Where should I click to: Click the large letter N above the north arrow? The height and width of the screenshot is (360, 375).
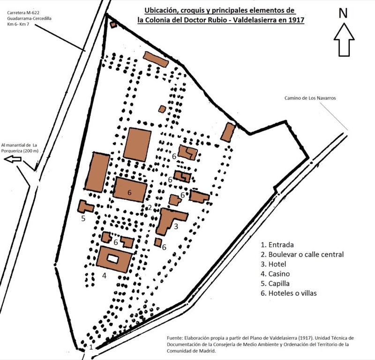coord(343,13)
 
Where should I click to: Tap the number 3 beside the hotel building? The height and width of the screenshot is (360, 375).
coord(175,227)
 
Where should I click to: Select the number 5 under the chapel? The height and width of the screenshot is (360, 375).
coord(83,218)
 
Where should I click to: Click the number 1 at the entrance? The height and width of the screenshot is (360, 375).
coord(91,347)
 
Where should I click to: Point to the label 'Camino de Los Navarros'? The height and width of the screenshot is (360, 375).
coord(311,98)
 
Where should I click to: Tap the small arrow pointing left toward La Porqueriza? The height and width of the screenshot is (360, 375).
coord(13,160)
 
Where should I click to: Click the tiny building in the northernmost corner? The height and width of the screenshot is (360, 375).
coord(112,23)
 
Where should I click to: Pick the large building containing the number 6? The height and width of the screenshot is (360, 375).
coord(130,190)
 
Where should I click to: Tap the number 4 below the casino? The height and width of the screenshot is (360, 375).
coord(104,275)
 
